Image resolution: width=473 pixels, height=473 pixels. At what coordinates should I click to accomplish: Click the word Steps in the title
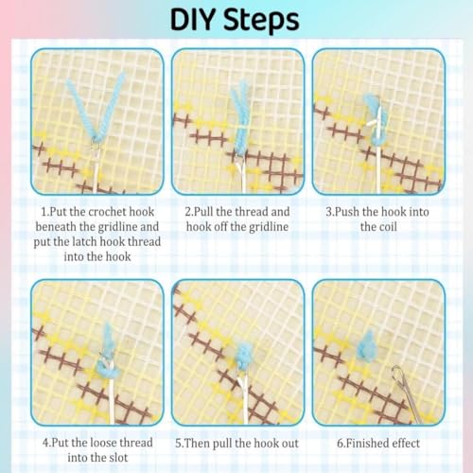pos(261,20)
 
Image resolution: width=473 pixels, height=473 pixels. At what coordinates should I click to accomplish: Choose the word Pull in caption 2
pos(203,212)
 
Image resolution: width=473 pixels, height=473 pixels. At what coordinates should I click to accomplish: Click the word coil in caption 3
pos(387,227)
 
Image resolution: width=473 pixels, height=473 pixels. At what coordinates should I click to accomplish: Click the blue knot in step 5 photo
pos(244,357)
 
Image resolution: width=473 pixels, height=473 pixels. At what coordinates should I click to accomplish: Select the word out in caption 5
pos(289,444)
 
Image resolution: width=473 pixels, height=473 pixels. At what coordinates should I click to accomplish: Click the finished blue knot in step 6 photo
pos(367,347)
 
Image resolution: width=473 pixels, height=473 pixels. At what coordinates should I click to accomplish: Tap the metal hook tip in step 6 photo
pos(398,372)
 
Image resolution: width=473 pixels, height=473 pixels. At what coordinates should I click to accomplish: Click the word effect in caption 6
pos(406,443)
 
